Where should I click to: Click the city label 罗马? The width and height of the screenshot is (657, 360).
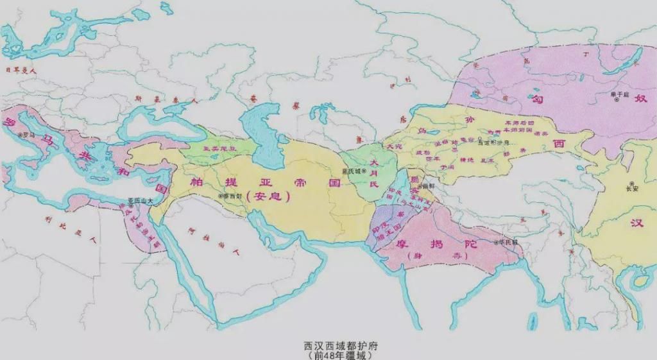tap(28, 135)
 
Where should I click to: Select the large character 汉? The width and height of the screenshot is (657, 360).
tap(636, 223)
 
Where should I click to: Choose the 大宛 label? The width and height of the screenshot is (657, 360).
tap(391, 147)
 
